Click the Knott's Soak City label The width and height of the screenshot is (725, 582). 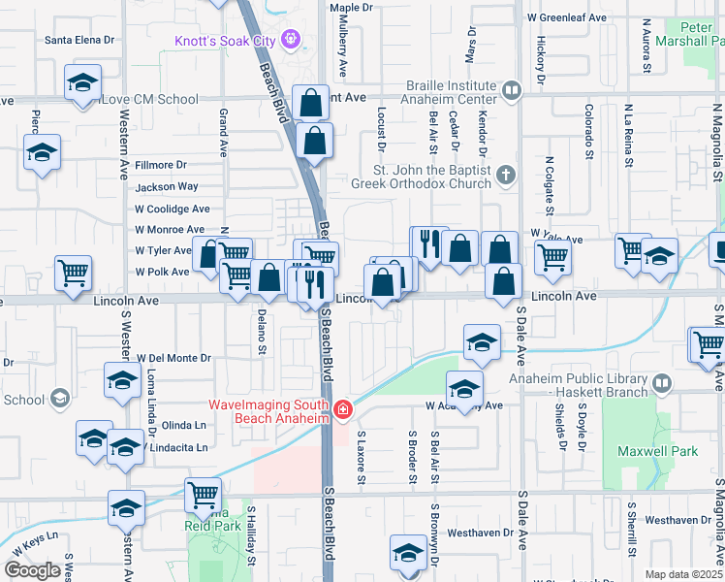[226, 40]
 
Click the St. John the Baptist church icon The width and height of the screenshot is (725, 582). [504, 176]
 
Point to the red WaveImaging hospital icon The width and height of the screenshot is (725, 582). [341, 411]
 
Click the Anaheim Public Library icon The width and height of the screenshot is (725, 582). [662, 381]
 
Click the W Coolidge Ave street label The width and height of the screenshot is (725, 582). [173, 209]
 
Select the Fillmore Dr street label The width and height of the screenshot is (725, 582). [160, 166]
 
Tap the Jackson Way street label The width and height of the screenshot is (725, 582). [167, 186]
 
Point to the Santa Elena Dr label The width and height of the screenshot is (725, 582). [80, 40]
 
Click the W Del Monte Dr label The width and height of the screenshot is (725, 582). [173, 358]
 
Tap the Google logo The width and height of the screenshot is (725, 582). [32, 570]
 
